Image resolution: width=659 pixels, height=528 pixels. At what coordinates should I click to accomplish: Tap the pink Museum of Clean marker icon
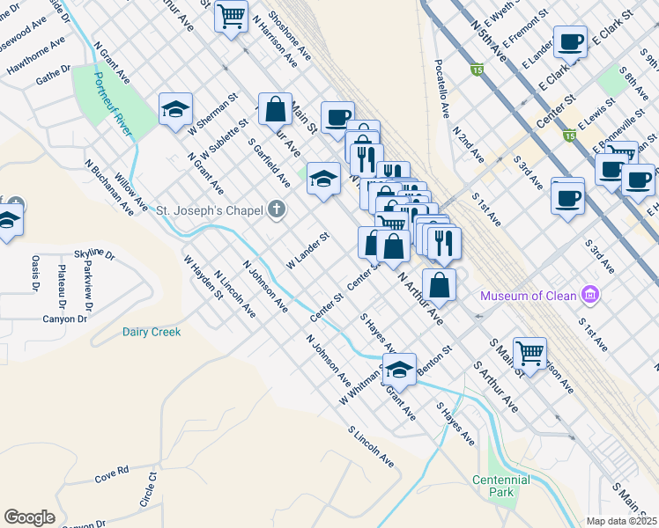tap(590, 295)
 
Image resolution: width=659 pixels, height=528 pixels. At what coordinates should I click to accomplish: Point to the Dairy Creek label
tap(152, 332)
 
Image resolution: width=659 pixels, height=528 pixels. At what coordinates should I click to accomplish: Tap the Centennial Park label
tap(500, 486)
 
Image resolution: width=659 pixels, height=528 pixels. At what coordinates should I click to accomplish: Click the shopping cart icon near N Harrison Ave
tap(231, 15)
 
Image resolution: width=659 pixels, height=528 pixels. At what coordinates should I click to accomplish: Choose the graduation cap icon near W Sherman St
tap(175, 109)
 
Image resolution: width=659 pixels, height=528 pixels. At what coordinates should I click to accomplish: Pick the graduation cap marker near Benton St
tap(399, 370)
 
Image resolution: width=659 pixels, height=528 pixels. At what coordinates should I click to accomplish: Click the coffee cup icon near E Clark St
tap(570, 41)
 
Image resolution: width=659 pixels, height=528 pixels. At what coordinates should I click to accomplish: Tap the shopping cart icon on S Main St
tap(529, 353)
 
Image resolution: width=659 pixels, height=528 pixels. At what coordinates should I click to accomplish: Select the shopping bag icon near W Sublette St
tap(276, 109)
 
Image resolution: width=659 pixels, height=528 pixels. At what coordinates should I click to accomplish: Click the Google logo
tap(29, 517)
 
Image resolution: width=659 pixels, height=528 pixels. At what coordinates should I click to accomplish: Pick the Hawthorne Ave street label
tap(36, 55)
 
